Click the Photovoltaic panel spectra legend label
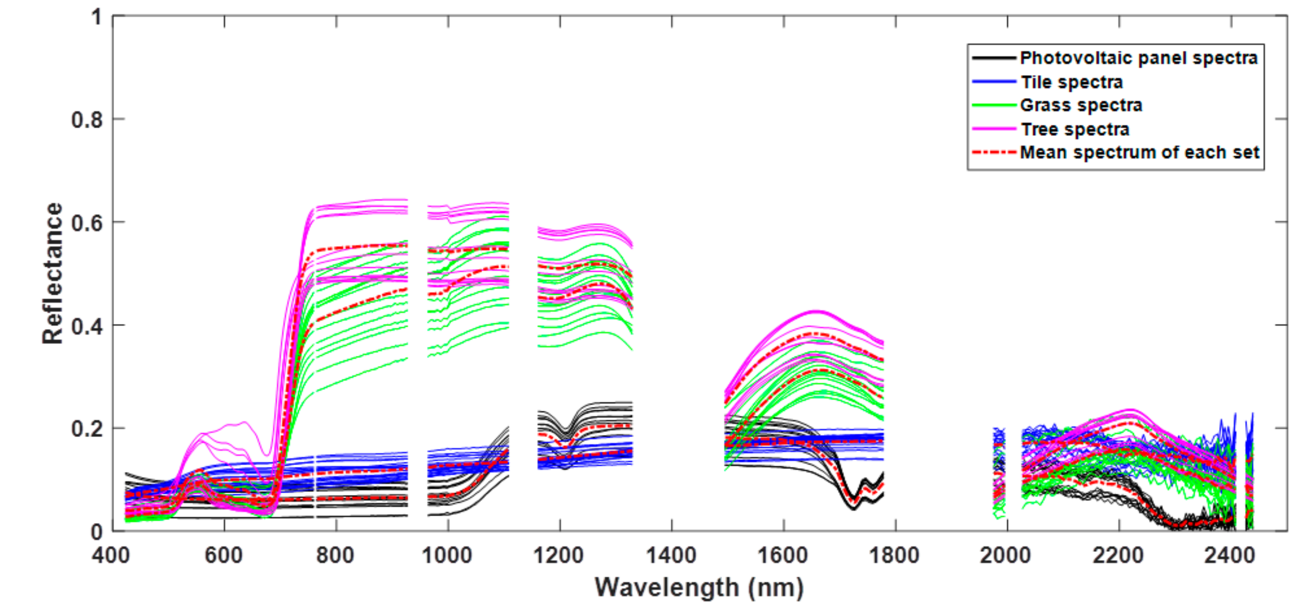(1138, 58)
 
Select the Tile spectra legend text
(1071, 82)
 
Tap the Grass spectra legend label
(1081, 106)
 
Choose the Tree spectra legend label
(1075, 129)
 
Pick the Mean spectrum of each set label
(1139, 152)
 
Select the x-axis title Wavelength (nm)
(699, 587)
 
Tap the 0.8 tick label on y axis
(86, 120)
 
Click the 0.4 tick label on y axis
(86, 326)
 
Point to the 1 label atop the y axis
(96, 18)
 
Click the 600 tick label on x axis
(224, 555)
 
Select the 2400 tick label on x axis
(1230, 555)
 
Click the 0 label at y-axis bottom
(96, 532)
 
